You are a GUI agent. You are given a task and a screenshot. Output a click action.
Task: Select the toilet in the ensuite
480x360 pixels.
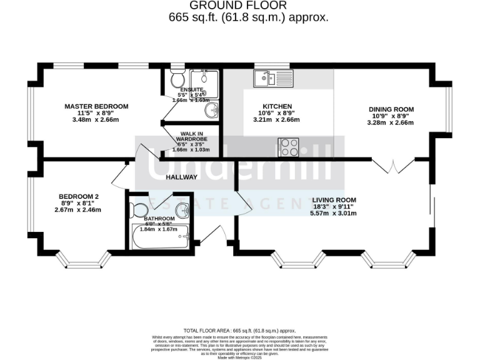click(177, 79)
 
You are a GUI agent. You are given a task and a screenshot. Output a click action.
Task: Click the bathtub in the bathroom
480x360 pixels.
click(161, 237)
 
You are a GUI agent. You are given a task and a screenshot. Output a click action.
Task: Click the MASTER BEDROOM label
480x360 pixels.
click(96, 106)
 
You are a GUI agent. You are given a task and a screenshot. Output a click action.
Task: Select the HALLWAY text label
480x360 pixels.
click(181, 177)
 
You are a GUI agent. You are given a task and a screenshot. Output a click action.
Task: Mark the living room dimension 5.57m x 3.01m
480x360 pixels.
click(333, 213)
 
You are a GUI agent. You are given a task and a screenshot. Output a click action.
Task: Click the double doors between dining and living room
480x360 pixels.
click(392, 166)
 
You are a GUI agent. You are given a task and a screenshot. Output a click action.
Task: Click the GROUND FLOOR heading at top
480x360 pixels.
click(248, 6)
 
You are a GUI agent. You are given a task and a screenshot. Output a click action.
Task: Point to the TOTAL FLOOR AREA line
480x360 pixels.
click(239, 329)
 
